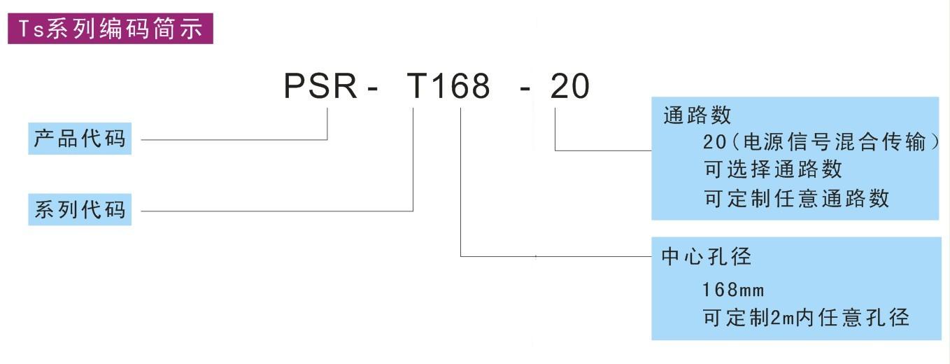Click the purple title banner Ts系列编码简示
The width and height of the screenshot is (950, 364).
pyautogui.click(x=110, y=29)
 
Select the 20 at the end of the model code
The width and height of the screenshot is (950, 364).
pyautogui.click(x=570, y=87)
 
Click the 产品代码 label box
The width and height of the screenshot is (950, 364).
pyautogui.click(x=80, y=139)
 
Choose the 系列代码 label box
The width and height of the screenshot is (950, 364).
pyautogui.click(x=80, y=210)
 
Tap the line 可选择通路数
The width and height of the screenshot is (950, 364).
pyautogui.click(x=772, y=169)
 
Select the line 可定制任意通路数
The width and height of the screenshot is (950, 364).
pyautogui.click(x=796, y=198)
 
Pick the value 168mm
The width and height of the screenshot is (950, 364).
pyautogui.click(x=733, y=289)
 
